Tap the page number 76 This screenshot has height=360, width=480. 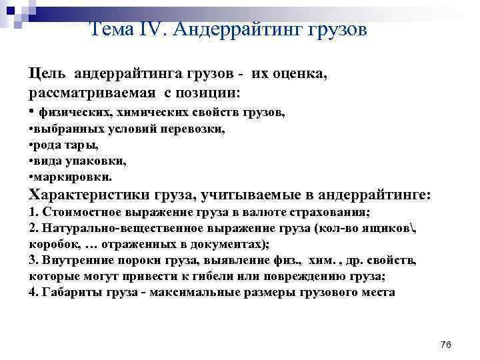click(x=446, y=345)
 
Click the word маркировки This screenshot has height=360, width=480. click(x=73, y=177)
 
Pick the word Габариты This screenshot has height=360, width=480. click(x=65, y=292)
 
